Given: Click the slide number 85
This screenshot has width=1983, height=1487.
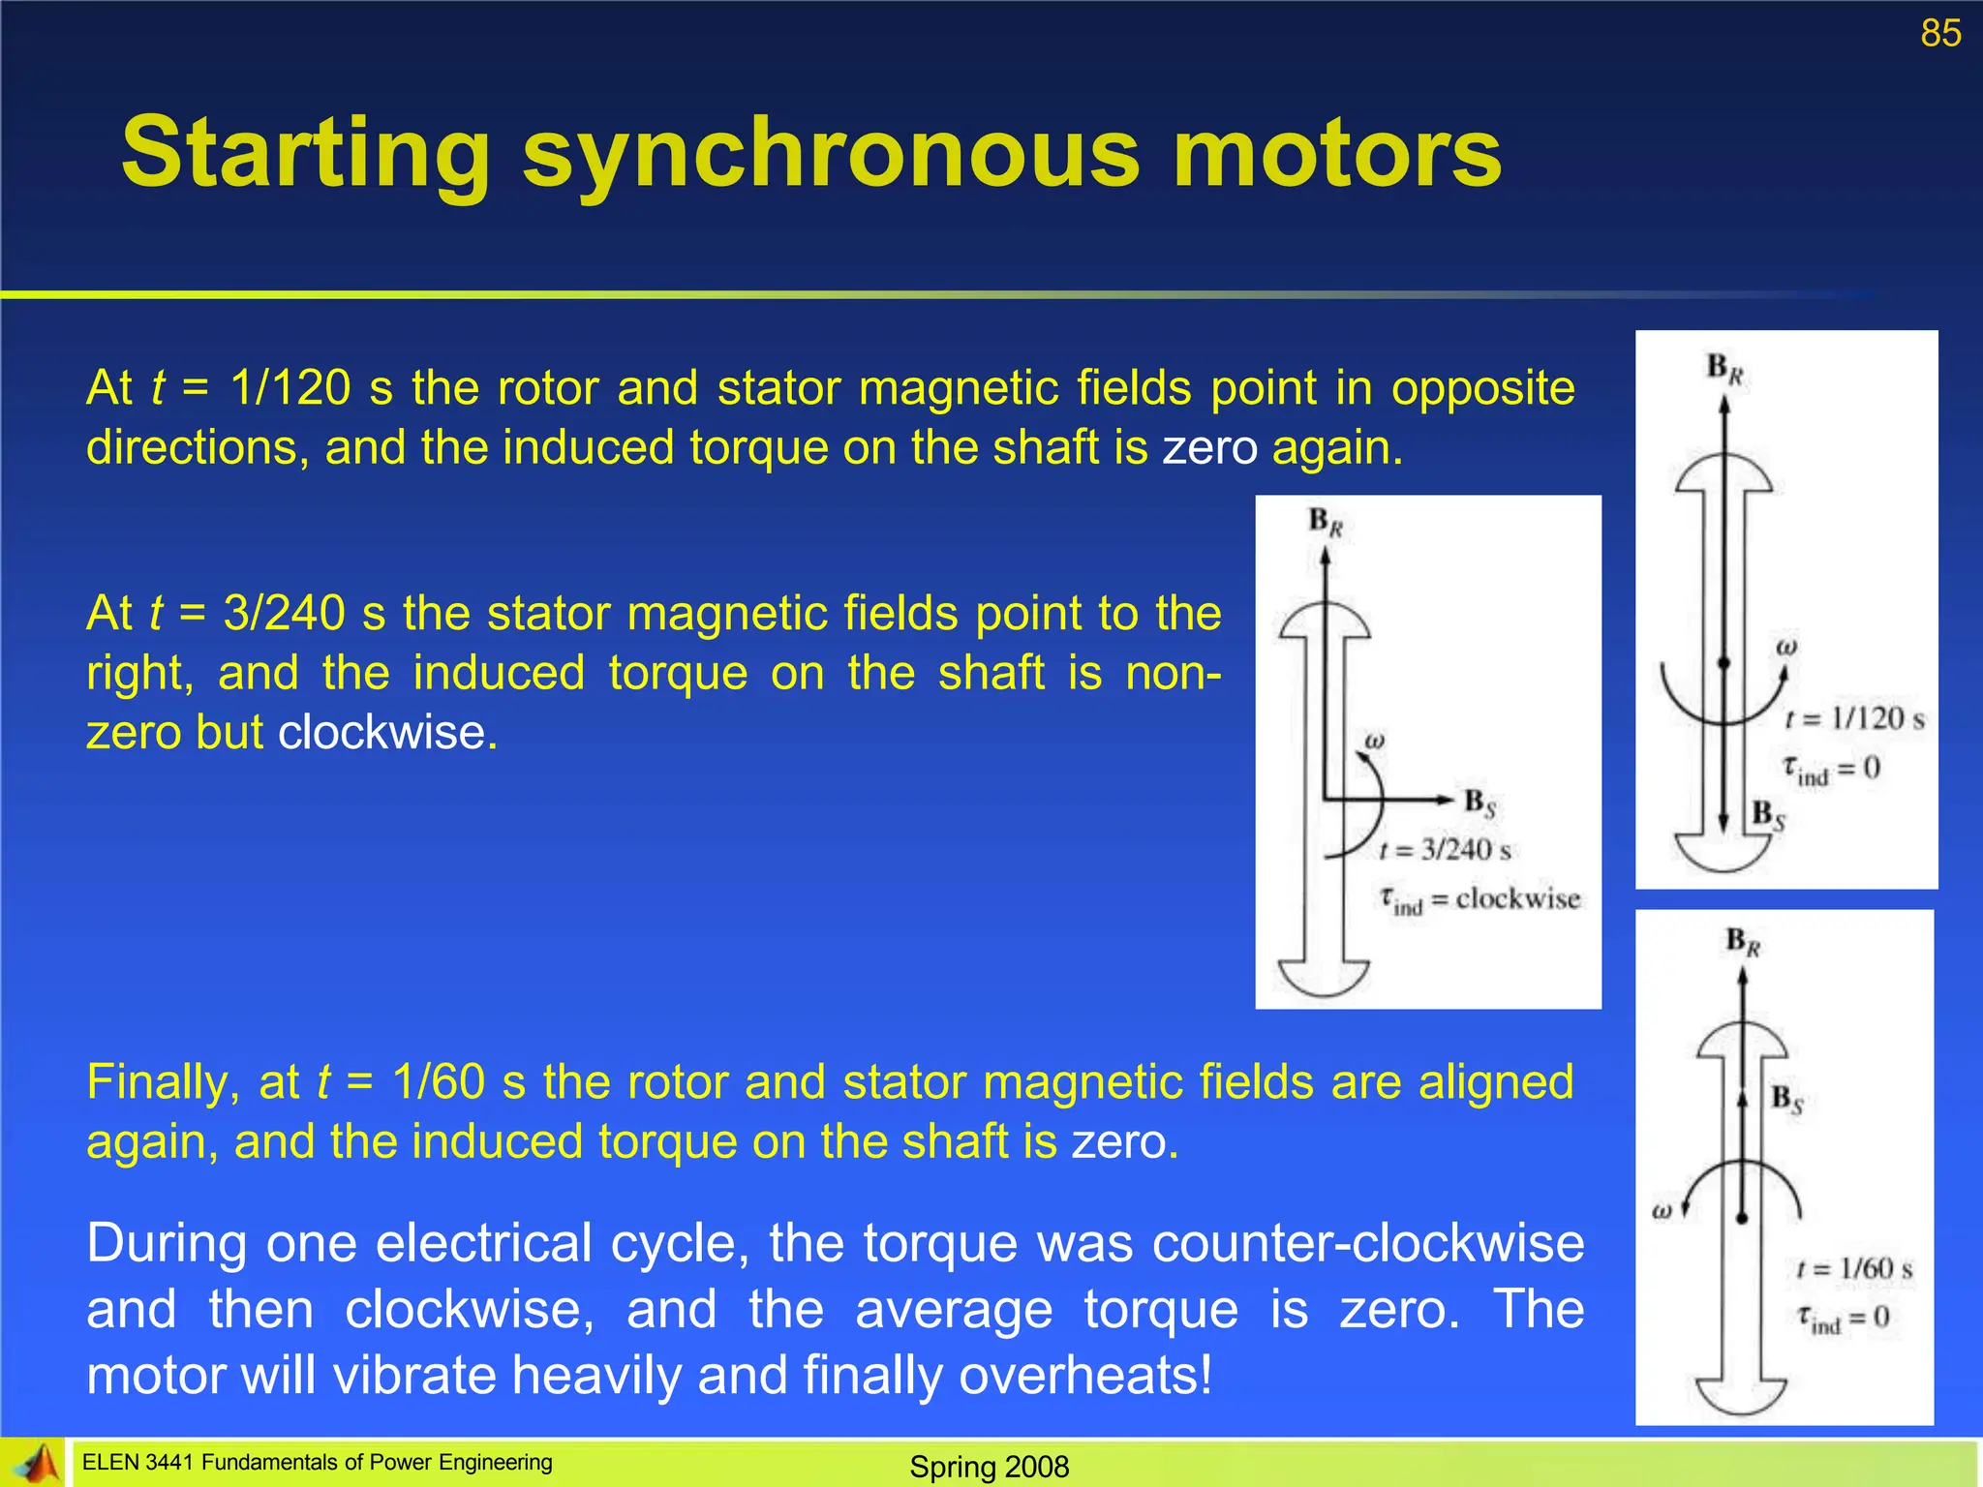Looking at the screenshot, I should [x=1940, y=34].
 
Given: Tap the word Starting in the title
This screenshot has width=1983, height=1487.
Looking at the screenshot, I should [x=306, y=155].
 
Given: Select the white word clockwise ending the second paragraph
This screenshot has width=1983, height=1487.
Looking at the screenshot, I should [x=387, y=732].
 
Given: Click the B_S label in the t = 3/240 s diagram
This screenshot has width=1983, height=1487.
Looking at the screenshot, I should [x=1480, y=803].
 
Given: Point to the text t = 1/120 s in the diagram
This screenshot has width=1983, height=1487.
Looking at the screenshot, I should [x=1854, y=718].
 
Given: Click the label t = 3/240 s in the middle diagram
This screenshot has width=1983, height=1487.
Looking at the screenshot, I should [x=1445, y=850].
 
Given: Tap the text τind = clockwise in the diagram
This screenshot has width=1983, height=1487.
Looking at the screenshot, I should [x=1480, y=900].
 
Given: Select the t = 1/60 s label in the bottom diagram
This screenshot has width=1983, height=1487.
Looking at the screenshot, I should [x=1854, y=1268].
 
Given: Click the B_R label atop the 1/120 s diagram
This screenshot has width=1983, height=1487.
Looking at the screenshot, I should [x=1724, y=369].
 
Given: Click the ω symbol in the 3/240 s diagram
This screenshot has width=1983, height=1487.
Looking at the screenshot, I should [x=1374, y=742].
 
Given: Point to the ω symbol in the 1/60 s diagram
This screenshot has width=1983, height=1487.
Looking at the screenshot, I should [x=1662, y=1210].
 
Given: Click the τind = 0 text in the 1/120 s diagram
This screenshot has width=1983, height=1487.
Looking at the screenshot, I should [x=1832, y=770].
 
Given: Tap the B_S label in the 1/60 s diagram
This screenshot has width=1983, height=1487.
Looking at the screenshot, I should [x=1786, y=1099].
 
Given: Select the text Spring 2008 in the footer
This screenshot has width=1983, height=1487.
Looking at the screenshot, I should [x=989, y=1467].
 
